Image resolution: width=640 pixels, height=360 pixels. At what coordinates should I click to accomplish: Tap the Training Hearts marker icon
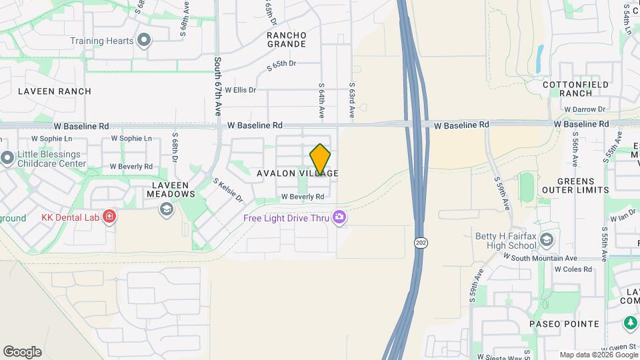point(144,41)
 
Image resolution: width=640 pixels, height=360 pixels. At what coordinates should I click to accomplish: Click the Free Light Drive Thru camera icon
point(339,217)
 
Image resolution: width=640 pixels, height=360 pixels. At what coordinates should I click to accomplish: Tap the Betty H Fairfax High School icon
point(546,240)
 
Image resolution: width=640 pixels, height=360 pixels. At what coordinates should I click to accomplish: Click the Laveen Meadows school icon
point(165,210)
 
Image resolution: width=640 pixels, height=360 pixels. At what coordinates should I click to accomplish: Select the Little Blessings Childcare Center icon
point(7,159)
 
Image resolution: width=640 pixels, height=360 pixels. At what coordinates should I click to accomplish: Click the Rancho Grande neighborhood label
point(287,39)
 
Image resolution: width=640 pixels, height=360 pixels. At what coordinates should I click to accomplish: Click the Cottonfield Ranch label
point(576,89)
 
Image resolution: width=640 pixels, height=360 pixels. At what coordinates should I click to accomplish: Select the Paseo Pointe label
point(565,324)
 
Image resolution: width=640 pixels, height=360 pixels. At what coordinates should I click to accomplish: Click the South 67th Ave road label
point(217,86)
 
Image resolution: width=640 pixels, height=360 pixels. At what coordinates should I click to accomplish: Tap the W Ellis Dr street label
point(240,90)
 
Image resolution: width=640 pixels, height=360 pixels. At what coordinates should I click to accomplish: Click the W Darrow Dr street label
point(584,109)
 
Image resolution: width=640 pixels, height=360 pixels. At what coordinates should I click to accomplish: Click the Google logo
point(22,352)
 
